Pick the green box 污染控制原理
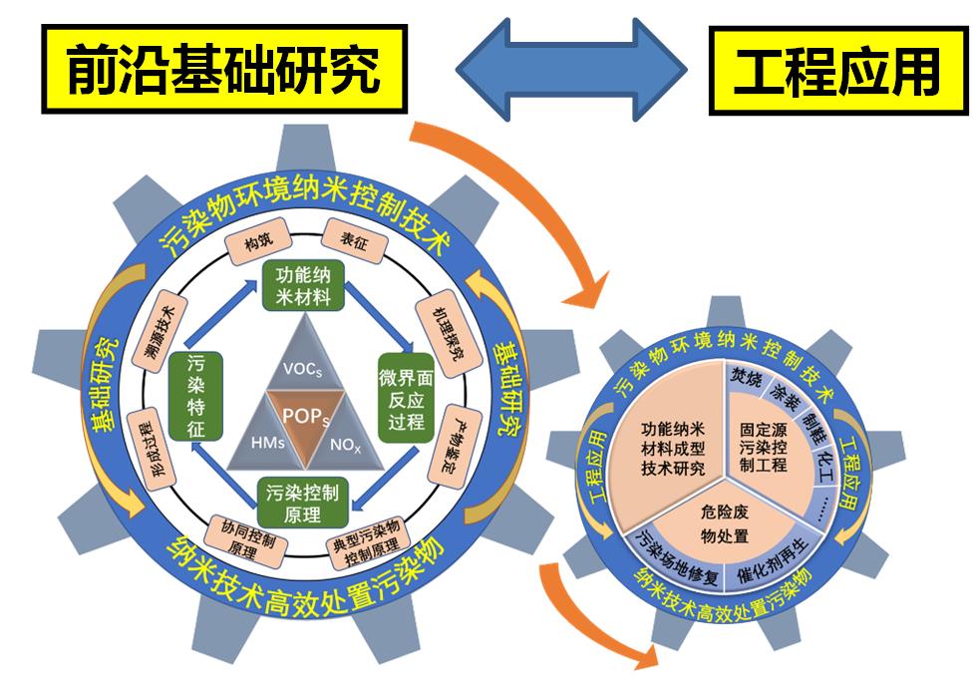[303, 502]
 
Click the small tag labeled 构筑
[258, 242]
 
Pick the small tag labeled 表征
[354, 239]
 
